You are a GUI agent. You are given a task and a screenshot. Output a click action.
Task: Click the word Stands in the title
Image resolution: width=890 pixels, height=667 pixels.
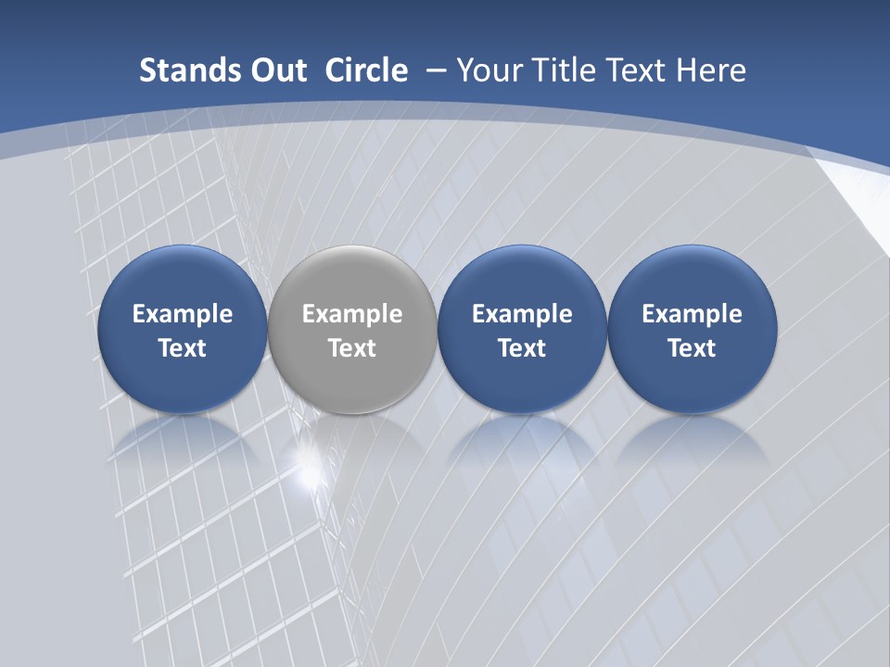coord(179,70)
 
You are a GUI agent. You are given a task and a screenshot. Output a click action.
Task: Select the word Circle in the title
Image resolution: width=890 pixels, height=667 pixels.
coord(366,70)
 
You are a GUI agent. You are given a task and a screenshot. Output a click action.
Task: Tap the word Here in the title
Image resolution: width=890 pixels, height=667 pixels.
coord(709,70)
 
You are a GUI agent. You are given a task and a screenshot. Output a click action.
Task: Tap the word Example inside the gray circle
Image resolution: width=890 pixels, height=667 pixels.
coord(352,314)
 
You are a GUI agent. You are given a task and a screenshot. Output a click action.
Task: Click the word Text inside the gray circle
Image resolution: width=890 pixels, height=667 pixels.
coord(352,348)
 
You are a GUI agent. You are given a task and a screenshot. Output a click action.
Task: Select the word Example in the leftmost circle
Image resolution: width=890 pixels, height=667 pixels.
coord(182,314)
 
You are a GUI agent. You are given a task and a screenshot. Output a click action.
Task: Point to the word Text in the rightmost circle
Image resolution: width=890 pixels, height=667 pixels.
coord(692,348)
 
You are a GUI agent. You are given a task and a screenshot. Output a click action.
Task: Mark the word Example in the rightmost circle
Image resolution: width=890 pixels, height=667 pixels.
coord(692,314)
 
